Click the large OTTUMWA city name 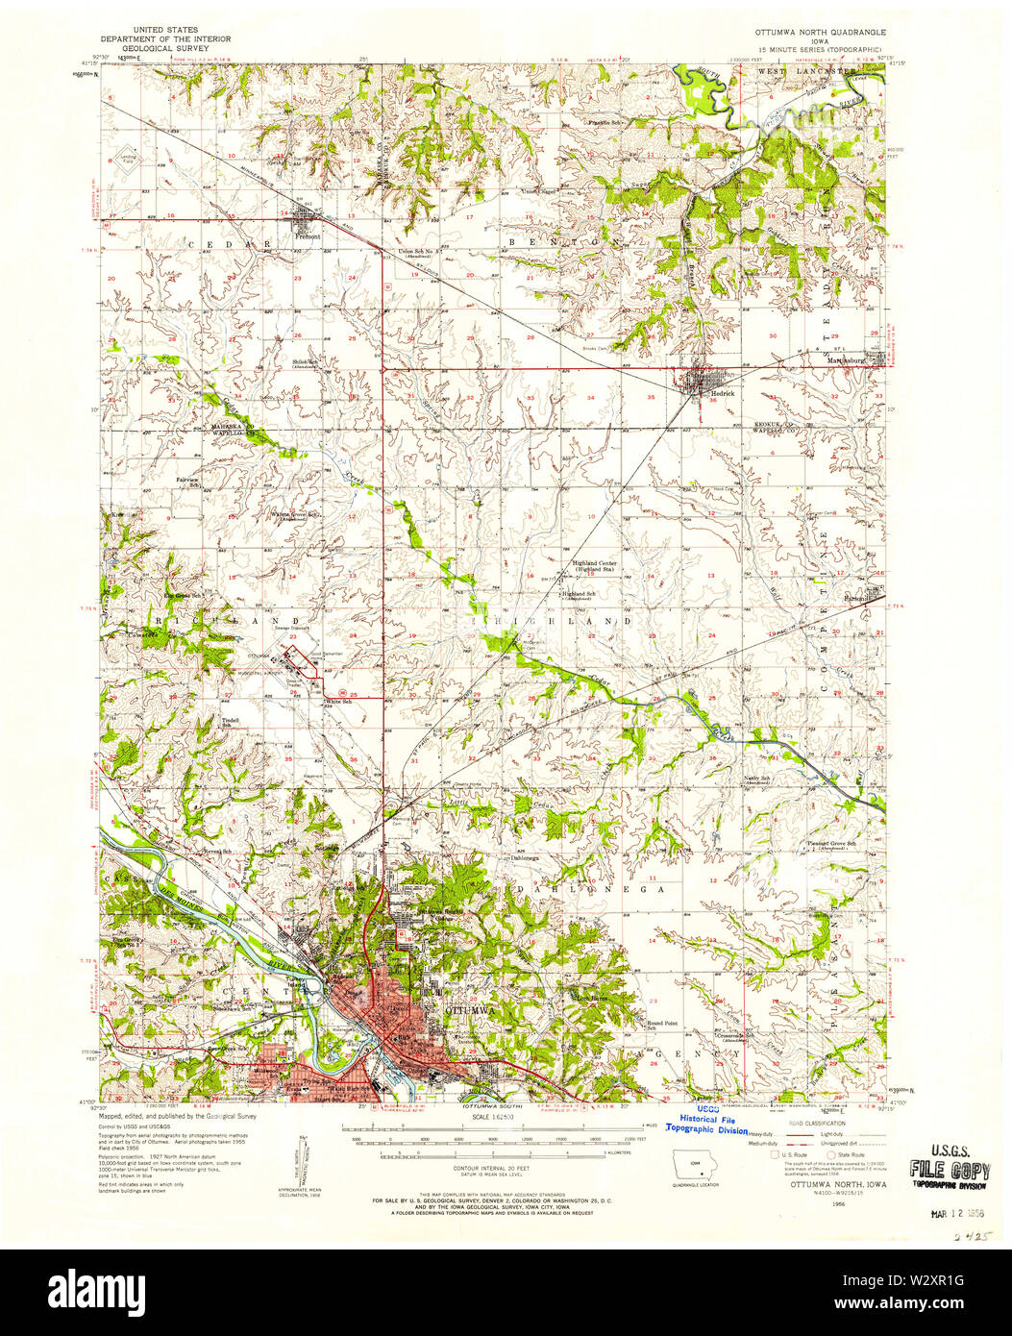(x=469, y=1011)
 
